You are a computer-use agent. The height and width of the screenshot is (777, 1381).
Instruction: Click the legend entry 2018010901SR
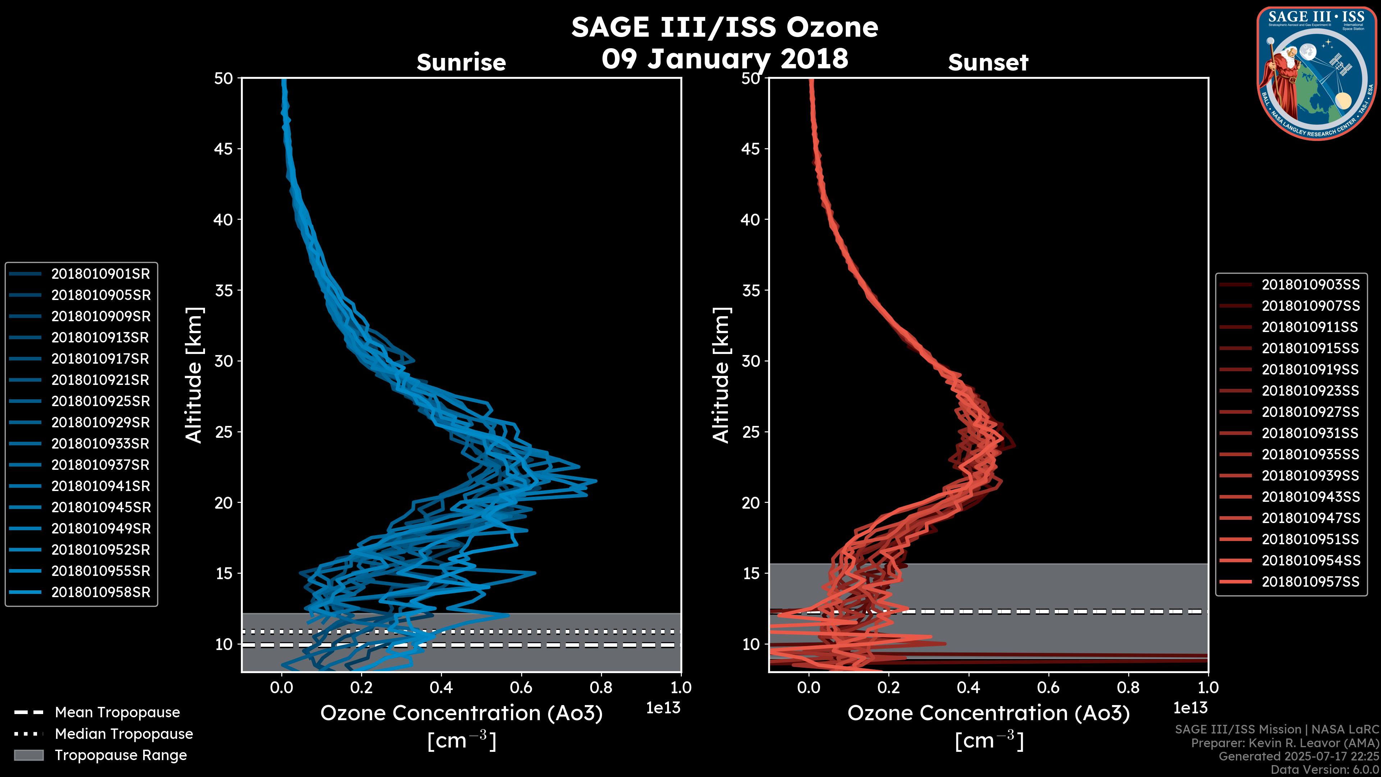(100, 274)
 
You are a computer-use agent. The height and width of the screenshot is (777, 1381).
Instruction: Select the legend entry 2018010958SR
(100, 592)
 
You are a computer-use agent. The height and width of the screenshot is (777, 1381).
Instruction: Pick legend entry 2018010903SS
(1310, 285)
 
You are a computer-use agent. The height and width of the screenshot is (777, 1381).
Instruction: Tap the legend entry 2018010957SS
(1310, 582)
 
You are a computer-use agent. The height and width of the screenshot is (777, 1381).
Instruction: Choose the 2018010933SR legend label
(100, 444)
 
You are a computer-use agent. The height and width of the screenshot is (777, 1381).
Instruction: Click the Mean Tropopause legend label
(117, 713)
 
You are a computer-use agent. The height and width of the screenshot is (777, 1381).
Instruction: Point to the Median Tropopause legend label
(123, 734)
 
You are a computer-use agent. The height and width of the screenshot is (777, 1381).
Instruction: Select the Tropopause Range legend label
(120, 755)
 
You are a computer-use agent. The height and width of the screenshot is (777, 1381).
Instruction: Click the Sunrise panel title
(461, 63)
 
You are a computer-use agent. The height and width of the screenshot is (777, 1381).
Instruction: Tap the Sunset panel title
(988, 63)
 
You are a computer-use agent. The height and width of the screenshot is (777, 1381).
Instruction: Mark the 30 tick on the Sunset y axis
(751, 362)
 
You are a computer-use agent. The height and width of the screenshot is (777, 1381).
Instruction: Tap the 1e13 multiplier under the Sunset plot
(1190, 708)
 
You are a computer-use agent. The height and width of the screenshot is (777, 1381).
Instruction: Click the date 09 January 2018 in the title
(725, 59)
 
